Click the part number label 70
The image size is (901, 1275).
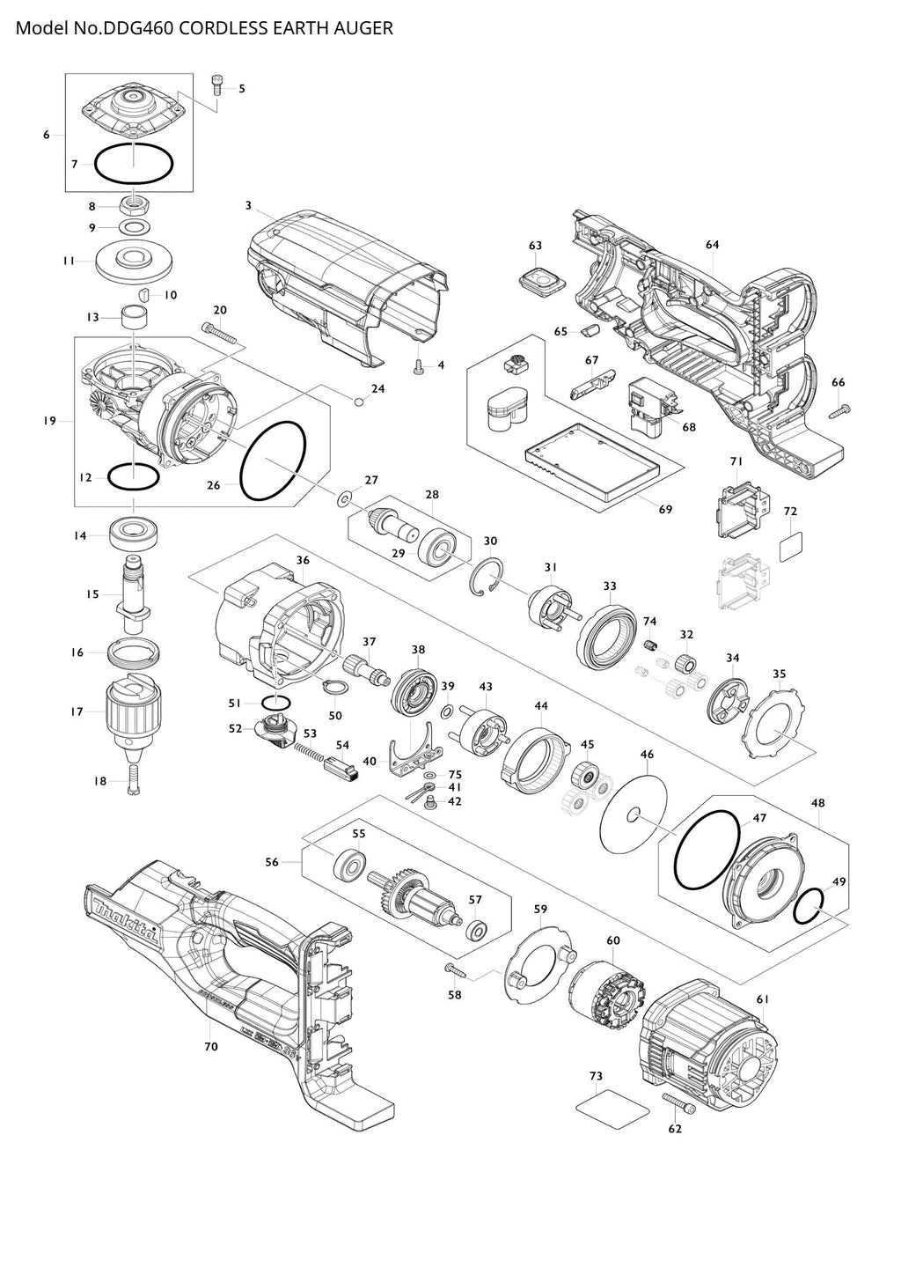coord(210,1047)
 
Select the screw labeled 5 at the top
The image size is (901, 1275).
coord(216,85)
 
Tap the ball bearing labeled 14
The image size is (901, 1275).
coord(132,534)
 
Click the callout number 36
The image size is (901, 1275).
coord(303,560)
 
